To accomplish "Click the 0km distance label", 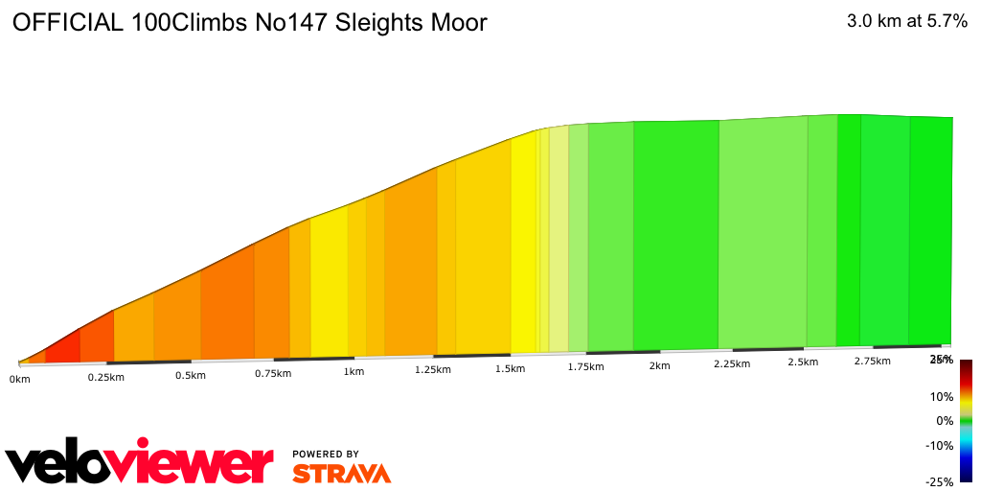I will (x=18, y=380).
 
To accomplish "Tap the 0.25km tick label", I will (x=106, y=377).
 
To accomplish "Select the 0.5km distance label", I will (x=191, y=375).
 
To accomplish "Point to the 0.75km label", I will (x=273, y=373).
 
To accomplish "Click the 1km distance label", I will (x=354, y=371).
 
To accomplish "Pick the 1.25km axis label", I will (x=433, y=369).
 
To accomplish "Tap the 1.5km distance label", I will (x=510, y=368).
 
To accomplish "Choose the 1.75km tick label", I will (x=584, y=366).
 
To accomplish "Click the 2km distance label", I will (x=659, y=365).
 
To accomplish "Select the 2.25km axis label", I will (x=732, y=363).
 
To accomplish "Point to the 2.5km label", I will (x=803, y=362).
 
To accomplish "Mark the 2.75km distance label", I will (x=872, y=361).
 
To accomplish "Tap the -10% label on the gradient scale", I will (x=940, y=445).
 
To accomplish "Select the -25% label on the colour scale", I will (x=940, y=481).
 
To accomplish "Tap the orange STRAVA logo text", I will (x=341, y=473).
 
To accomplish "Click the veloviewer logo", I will (x=140, y=464).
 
